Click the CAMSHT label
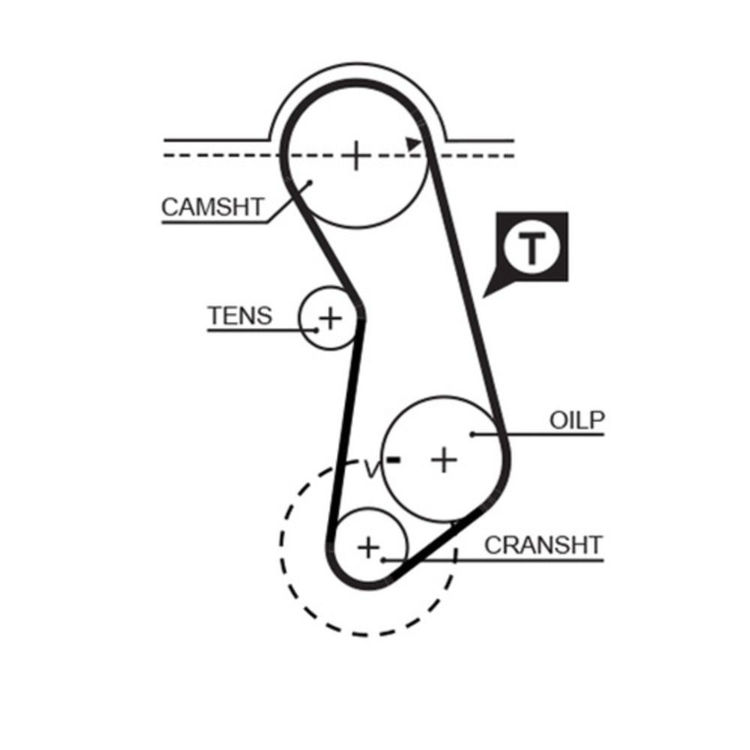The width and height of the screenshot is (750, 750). [x=212, y=207]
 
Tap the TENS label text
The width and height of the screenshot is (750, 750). [x=240, y=316]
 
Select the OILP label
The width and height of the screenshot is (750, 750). [x=577, y=421]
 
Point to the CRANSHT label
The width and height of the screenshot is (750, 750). [x=543, y=545]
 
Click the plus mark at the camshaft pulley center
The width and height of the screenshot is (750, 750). [x=355, y=155]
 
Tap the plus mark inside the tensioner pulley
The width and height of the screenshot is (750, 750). [x=330, y=318]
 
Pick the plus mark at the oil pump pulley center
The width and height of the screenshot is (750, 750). [x=444, y=460]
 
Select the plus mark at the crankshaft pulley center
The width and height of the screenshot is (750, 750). [x=368, y=547]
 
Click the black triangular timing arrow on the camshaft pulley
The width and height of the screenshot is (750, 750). [x=413, y=143]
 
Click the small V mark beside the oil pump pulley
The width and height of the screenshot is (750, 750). [x=372, y=469]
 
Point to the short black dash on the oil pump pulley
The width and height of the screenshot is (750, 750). [x=394, y=460]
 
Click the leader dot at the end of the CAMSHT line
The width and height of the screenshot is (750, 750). [x=310, y=182]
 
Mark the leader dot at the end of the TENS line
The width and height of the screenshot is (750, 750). [x=316, y=330]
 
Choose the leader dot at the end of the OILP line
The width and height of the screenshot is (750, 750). [x=472, y=434]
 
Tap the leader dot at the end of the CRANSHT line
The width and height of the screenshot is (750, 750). [x=383, y=560]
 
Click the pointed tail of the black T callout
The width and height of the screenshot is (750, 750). [x=483, y=298]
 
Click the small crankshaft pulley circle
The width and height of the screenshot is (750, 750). [x=369, y=547]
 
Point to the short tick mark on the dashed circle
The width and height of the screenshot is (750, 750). [x=455, y=556]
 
